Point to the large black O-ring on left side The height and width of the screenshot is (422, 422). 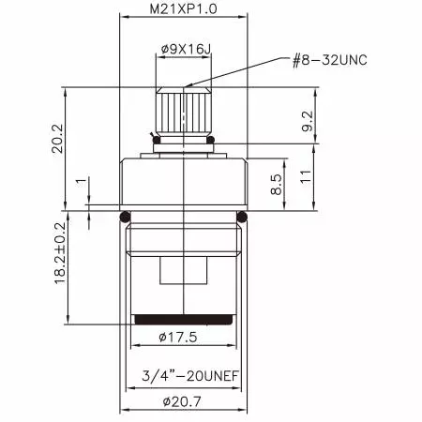pos(125,219)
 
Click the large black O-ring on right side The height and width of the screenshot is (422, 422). pos(242,219)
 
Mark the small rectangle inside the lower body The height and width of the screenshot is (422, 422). pos(184,273)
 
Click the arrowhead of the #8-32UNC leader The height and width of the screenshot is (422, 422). pos(188,88)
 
